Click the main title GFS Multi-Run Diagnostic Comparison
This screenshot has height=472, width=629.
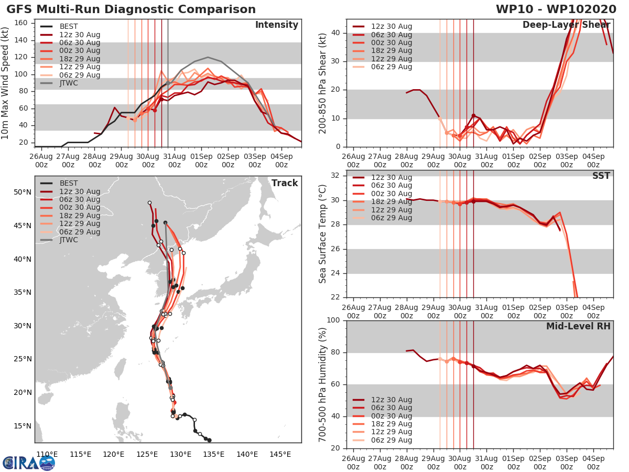[x=131, y=9]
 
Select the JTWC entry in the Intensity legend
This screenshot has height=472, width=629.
[x=69, y=83]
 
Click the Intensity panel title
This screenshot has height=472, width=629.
[x=276, y=25]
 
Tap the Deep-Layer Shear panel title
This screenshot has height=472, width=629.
[x=566, y=25]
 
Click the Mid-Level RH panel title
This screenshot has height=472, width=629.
[x=578, y=326]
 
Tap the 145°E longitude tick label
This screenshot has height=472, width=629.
[x=280, y=454]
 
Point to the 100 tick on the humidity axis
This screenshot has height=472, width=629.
[x=334, y=320]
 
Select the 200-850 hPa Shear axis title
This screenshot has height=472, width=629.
[x=323, y=83]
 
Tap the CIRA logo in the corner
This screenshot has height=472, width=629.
[x=29, y=463]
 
